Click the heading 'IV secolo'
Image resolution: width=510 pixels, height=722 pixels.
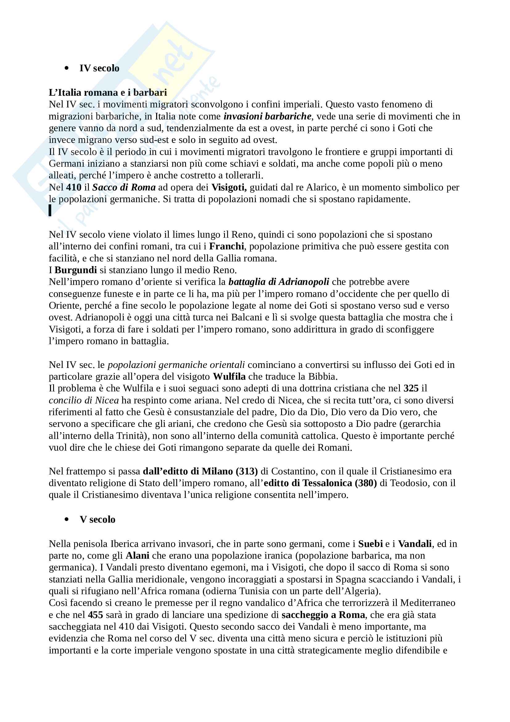tap(99, 68)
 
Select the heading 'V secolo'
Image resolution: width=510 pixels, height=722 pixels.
tap(97, 519)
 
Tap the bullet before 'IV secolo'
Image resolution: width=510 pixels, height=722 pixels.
tap(66, 68)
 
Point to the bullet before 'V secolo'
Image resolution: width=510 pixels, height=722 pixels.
tap(66, 520)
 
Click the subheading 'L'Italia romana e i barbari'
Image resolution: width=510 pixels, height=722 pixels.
tap(108, 93)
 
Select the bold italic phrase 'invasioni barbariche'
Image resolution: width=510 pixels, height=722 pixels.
tap(267, 116)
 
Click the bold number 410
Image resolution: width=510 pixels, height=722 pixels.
tap(74, 187)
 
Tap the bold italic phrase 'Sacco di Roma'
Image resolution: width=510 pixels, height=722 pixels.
tap(124, 187)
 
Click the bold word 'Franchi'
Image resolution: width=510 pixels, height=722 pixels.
tap(226, 246)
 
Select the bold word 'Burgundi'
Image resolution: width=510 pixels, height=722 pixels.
tap(75, 270)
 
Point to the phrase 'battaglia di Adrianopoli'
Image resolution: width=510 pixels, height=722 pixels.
tap(279, 282)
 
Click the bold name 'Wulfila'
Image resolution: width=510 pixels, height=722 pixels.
tap(229, 376)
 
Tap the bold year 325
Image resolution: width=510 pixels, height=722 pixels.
tap(411, 388)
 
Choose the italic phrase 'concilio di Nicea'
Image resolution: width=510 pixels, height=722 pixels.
tap(84, 400)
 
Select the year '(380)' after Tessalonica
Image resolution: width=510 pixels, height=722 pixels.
tap(366, 483)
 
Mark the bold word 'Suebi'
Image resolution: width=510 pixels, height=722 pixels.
tap(371, 544)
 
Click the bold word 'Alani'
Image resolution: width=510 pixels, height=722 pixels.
tap(137, 556)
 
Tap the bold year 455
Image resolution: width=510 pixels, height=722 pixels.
tap(96, 615)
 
